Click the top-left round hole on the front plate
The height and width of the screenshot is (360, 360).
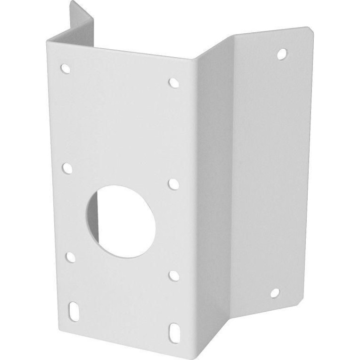[x=65, y=68]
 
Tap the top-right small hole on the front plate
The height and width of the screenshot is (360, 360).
[x=174, y=83]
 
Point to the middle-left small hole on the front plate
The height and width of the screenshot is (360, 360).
[x=67, y=168]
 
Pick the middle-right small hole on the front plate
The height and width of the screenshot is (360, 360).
[x=174, y=184]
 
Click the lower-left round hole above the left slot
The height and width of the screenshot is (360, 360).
[x=71, y=257]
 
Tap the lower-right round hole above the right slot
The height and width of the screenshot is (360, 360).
[x=174, y=275]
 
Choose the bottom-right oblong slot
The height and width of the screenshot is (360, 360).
[x=174, y=331]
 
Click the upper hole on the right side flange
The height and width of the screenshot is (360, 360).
[x=282, y=53]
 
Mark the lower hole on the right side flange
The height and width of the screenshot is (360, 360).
[x=275, y=293]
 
